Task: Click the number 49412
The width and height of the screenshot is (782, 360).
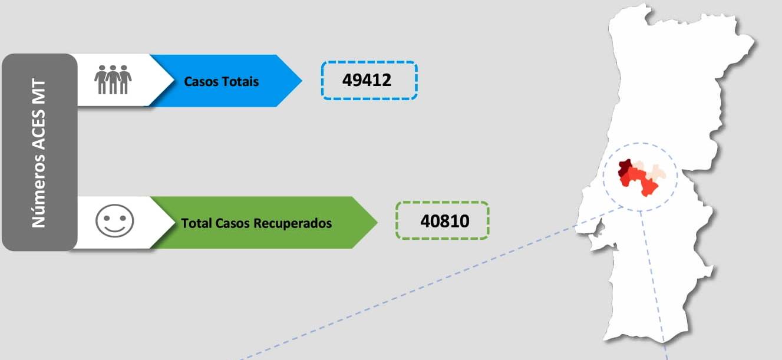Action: (x=367, y=80)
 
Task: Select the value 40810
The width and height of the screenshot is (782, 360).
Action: (x=445, y=221)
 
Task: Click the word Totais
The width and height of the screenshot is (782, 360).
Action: (x=240, y=81)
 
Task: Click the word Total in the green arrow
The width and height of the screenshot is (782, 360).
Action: (x=196, y=223)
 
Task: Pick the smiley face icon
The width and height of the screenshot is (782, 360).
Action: (x=114, y=221)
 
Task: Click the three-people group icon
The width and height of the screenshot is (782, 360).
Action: (x=113, y=80)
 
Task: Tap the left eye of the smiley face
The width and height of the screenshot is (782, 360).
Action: (x=107, y=218)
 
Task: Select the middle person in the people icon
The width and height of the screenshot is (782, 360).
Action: (x=113, y=80)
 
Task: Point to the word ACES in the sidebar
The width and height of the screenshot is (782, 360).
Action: (x=39, y=130)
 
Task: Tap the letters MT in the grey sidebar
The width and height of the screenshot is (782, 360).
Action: (x=39, y=92)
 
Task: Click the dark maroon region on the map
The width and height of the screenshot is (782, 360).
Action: (x=624, y=167)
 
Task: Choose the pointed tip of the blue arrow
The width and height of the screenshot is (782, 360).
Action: (x=302, y=81)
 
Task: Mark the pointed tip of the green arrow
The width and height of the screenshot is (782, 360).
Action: (x=377, y=222)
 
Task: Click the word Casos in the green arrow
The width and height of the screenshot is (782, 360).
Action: (x=233, y=223)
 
